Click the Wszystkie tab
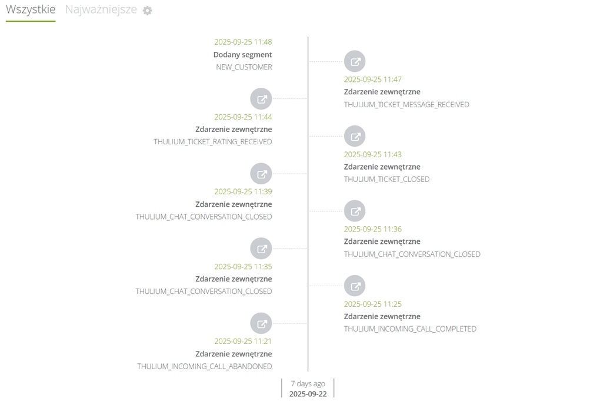(31, 9)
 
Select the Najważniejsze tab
(101, 9)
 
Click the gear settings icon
(148, 11)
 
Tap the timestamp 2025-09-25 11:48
(243, 42)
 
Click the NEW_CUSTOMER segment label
(244, 67)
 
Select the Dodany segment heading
(243, 55)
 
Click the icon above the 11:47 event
(355, 61)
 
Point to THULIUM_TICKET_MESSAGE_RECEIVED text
(406, 105)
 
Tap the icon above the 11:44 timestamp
(261, 99)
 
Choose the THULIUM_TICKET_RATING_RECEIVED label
(213, 142)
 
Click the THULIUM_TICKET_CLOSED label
(387, 180)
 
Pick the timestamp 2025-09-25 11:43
(373, 154)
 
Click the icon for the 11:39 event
(261, 174)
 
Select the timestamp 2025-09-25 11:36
(373, 229)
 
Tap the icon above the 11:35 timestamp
(261, 249)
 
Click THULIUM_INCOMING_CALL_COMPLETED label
(411, 329)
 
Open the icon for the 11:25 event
(355, 286)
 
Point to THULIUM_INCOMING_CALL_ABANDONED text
(205, 366)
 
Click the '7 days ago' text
(308, 383)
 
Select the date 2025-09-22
(308, 394)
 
